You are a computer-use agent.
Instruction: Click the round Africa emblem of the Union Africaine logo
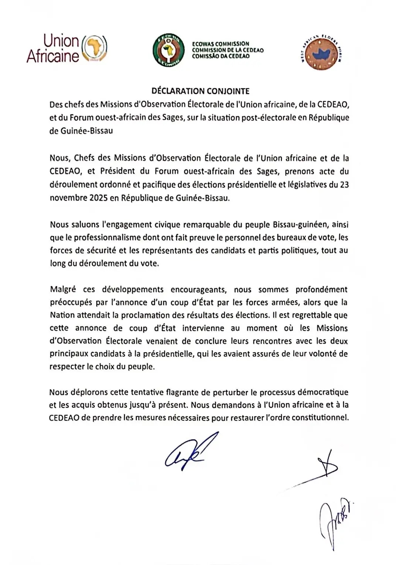[94, 48]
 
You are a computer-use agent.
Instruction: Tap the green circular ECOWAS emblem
[169, 50]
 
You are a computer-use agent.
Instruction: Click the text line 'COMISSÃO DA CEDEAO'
[221, 57]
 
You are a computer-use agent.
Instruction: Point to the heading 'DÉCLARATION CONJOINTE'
[201, 91]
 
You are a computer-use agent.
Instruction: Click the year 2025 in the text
[98, 198]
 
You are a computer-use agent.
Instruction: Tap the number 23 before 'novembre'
[344, 185]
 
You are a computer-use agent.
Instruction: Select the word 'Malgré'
[63, 290]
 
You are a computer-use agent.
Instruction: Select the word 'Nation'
[62, 315]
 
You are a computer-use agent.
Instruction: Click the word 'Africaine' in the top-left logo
[52, 56]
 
